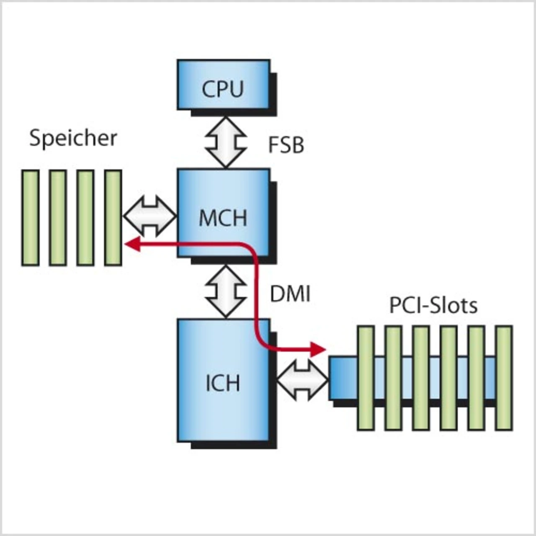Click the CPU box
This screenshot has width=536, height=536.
(x=224, y=85)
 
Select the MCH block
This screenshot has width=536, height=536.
(x=224, y=213)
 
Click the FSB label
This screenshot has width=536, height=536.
(x=286, y=145)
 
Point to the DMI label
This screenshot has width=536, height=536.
(x=290, y=294)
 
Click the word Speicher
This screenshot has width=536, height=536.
(x=73, y=138)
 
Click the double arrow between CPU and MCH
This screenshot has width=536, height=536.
(x=226, y=142)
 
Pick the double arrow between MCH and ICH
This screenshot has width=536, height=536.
(x=226, y=291)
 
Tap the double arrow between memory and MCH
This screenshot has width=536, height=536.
(x=150, y=216)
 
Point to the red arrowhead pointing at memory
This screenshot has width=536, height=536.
(x=133, y=244)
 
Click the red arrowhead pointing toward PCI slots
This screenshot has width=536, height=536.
(x=318, y=349)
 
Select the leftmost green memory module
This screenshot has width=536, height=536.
(x=30, y=218)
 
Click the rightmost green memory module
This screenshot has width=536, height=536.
(x=113, y=218)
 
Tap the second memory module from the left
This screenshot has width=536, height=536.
(x=57, y=218)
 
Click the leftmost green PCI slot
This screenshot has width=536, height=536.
(x=366, y=378)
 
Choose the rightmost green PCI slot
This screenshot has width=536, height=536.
(x=504, y=378)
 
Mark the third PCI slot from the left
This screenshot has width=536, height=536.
(x=421, y=378)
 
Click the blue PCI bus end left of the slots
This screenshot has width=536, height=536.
(x=343, y=378)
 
